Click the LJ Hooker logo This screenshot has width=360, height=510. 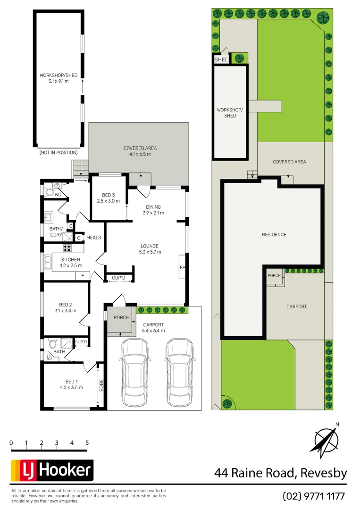coord(52,470)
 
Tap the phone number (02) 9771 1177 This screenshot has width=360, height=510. coord(314,496)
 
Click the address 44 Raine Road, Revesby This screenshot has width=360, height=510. coord(281,473)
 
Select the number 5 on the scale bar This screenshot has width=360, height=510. coord(87,443)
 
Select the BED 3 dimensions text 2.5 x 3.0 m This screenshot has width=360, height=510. coord(109,201)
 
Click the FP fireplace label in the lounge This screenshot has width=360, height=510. coord(182,268)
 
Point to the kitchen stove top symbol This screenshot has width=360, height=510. coord(67,248)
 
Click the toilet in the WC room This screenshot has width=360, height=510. coord(50,192)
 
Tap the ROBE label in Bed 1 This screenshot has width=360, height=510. coord(101,385)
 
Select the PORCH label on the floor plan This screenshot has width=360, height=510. coord(121,317)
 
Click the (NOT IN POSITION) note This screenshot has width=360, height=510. coord(59,153)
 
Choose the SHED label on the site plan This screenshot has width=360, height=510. coord(221,60)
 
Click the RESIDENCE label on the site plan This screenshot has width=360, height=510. coord(274,234)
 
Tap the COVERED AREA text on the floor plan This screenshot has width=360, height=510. coord(140,148)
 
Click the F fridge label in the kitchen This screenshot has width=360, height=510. coord(83,275)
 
